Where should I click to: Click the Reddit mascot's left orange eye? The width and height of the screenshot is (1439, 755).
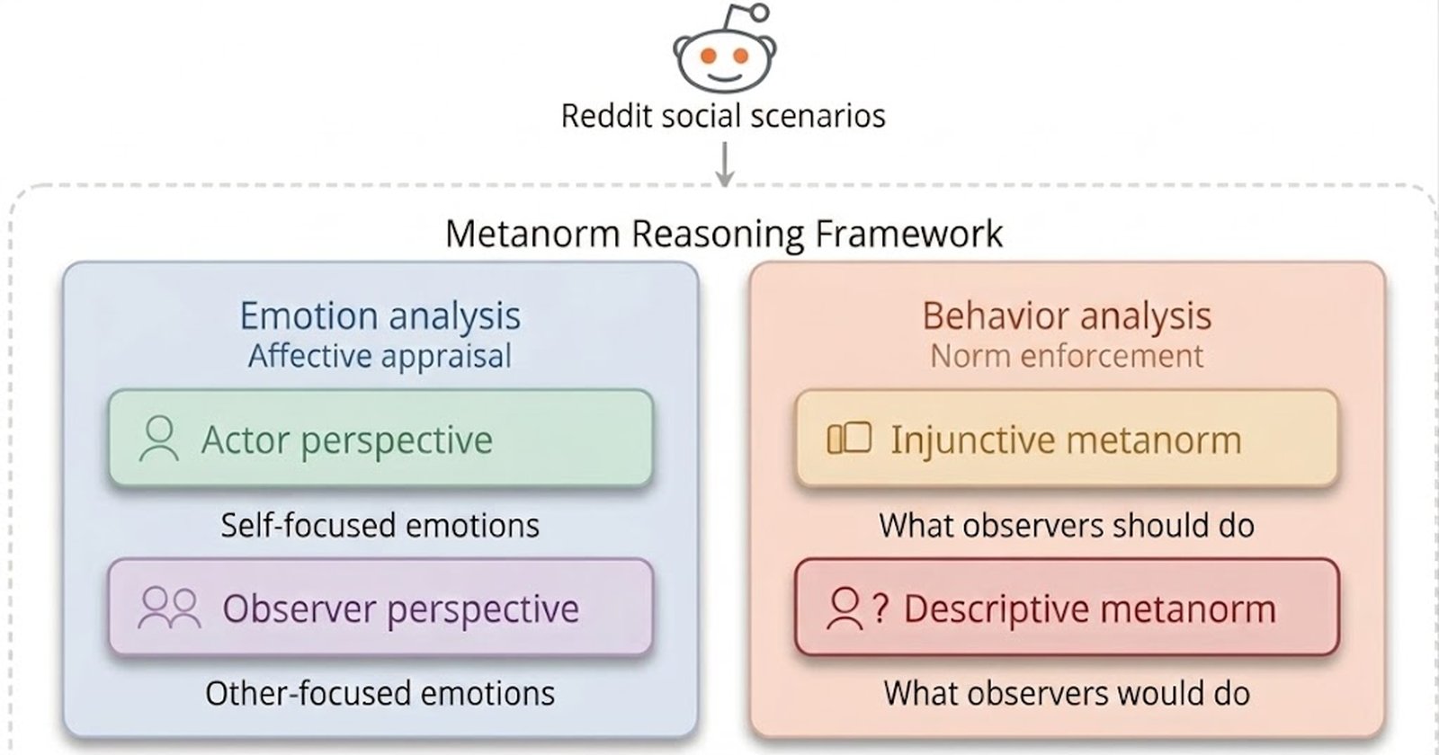708,56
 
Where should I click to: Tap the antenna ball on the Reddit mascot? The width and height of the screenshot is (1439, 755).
759,13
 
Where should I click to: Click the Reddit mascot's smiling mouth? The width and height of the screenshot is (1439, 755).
725,77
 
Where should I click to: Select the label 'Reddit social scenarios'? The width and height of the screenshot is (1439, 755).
723,116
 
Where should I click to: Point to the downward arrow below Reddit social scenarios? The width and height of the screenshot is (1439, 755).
725,164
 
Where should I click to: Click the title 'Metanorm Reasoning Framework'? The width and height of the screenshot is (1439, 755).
724,233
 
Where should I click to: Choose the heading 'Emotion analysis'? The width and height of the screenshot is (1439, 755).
380,315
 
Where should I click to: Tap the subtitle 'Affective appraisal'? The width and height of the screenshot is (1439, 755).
380,356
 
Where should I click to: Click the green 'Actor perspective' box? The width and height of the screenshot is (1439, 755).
381,439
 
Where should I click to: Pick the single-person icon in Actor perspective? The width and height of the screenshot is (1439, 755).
158,439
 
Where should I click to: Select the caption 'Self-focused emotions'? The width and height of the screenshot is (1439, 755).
380,525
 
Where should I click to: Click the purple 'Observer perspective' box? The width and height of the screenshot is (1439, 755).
381,608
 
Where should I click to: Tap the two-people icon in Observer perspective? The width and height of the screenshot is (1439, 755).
169,608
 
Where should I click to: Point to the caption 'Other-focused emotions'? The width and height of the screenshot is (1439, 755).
380,693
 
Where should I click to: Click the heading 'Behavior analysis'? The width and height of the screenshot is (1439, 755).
1067,315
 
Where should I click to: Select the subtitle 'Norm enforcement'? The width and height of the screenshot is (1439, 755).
1067,356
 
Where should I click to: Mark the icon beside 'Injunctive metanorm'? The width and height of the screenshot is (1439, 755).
849,439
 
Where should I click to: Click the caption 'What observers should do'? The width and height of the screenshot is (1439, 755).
1067,525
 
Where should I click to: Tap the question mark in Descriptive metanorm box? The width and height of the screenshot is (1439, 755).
880,608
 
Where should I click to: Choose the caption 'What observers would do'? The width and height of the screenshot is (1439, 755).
1067,693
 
